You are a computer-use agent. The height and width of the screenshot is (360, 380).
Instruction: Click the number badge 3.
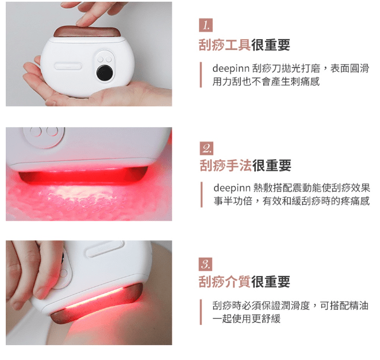[x=206, y=264]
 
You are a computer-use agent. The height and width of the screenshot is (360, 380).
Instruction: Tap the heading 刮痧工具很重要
[x=244, y=45]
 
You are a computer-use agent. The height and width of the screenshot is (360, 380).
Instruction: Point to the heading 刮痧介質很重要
[x=244, y=282]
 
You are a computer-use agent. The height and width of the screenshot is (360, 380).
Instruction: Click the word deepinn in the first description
[x=231, y=68]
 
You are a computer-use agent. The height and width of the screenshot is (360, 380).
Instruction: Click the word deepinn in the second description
[x=231, y=188]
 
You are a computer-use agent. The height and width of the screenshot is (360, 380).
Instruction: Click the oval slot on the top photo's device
[x=68, y=64]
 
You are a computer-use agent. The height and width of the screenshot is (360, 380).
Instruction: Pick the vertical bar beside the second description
[x=201, y=194]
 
